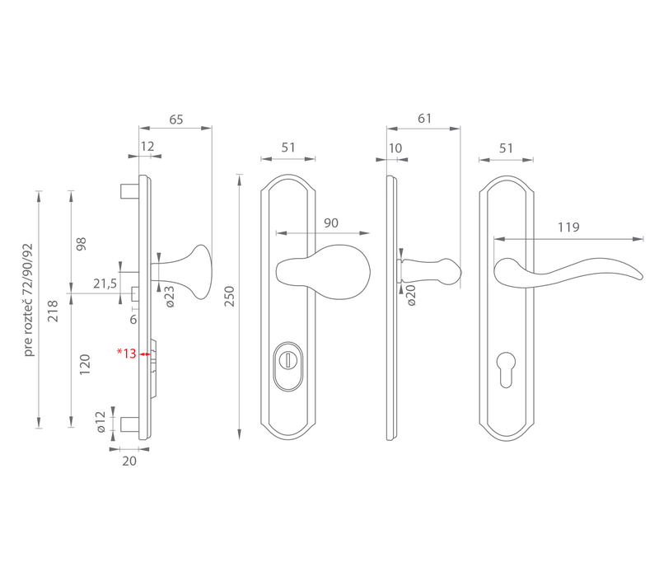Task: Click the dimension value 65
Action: pos(176,119)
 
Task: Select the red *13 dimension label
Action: pos(127,354)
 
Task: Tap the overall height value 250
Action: pos(230,297)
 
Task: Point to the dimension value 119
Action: pos(568,227)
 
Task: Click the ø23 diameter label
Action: pos(170,297)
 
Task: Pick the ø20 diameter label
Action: pos(411,295)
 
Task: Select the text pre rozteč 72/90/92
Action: pos(28,300)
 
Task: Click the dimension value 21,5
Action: pos(105,283)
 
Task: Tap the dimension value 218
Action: pos(53,311)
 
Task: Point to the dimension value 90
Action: pos(331,223)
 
